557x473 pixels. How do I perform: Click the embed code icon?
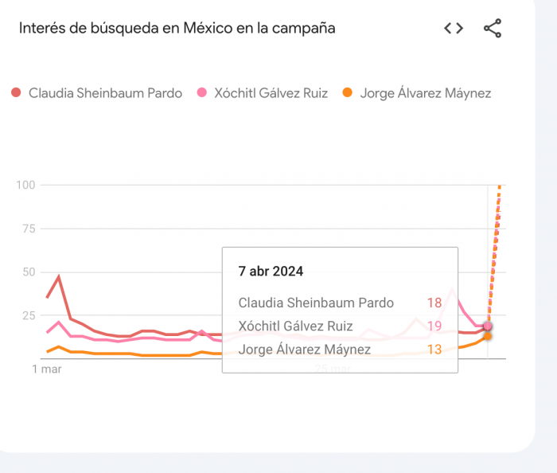454,29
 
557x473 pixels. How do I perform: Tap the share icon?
493,29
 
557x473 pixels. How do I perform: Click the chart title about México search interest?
177,29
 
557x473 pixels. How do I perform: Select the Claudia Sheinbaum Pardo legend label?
105,93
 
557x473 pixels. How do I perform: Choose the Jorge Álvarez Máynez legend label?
425,93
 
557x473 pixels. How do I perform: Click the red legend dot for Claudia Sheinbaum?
16,93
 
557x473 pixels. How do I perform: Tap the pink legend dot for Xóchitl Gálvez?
202,93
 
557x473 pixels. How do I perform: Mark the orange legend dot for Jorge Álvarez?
348,93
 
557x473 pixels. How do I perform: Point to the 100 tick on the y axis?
25,185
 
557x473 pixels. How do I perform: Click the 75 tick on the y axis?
29,229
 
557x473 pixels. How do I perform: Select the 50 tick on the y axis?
29,272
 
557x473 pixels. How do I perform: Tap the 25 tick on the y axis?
29,315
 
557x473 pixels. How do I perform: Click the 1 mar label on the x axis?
47,369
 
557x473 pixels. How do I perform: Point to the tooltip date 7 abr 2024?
271,271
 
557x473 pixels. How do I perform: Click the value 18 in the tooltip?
434,303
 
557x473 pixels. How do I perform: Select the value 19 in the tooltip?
434,326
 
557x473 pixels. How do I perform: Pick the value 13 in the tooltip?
434,349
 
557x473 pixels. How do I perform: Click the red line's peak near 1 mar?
59,277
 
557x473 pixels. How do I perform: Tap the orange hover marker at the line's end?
487,336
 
